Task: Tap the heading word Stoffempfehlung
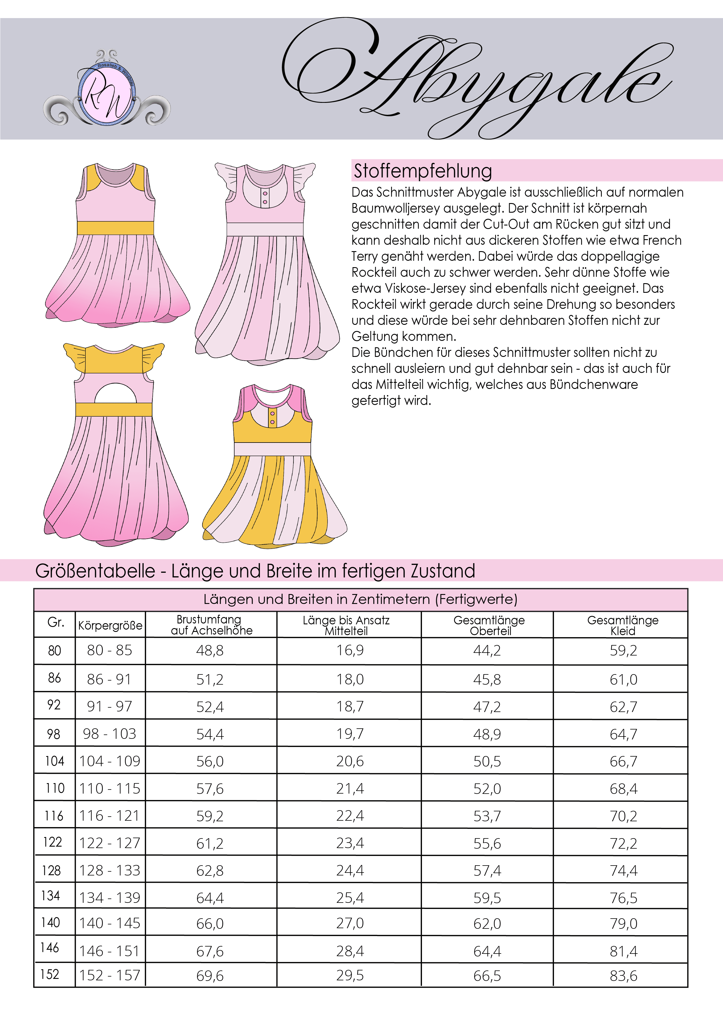tap(423, 171)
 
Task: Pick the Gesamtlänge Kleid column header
tap(622, 625)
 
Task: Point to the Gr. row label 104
tap(54, 761)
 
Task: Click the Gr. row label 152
tap(50, 975)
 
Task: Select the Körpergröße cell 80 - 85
tap(110, 650)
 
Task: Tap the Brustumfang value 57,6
tap(210, 789)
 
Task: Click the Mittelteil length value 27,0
tap(350, 923)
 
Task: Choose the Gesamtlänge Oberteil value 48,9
tap(487, 734)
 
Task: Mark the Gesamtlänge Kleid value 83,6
tap(623, 976)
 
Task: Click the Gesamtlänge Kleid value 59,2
tap(623, 650)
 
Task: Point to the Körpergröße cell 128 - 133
tap(110, 870)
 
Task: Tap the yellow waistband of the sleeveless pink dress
tap(115, 228)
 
